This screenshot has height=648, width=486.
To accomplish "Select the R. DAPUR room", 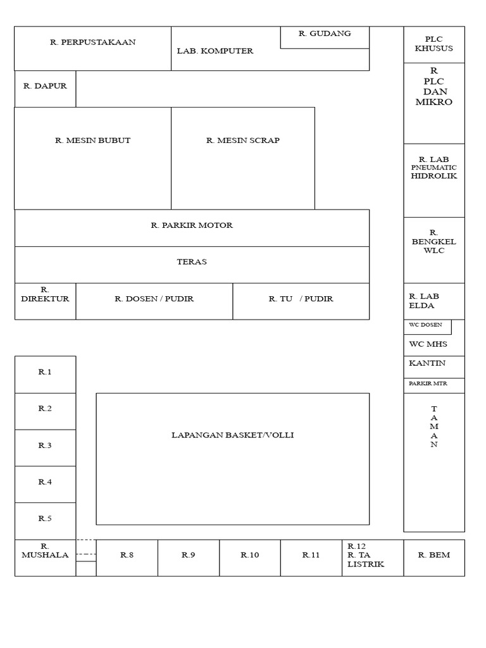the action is [45, 88].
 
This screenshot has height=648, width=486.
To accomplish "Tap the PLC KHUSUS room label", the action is [434, 44].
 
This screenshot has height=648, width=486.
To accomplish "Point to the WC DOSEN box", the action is [427, 326].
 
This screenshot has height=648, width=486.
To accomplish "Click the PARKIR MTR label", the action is [427, 383].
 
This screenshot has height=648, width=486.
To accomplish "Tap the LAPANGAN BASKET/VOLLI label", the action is [232, 435].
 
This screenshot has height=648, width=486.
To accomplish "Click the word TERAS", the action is [192, 262].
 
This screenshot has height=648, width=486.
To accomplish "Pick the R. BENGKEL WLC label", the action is [434, 242].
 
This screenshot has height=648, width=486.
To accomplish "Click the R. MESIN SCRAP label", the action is [242, 140].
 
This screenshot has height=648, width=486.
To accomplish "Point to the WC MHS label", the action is [428, 344].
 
